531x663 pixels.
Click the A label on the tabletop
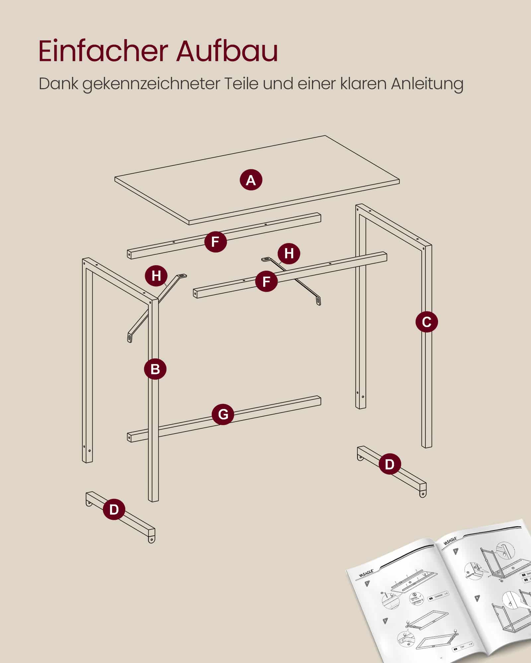[x=251, y=180]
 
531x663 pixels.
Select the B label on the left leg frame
[x=155, y=369]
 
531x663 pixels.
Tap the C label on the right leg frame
[x=426, y=322]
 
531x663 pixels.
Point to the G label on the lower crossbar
[x=223, y=414]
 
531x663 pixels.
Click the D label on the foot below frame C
[x=389, y=464]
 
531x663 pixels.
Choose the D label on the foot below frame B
[x=114, y=509]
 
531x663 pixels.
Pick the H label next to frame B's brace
[x=156, y=275]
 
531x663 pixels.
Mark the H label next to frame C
[x=289, y=253]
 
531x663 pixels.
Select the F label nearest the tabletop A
[x=215, y=241]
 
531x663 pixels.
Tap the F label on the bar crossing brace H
[x=266, y=281]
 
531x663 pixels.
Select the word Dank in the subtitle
[x=58, y=84]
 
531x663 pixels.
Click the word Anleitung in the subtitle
[x=427, y=84]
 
